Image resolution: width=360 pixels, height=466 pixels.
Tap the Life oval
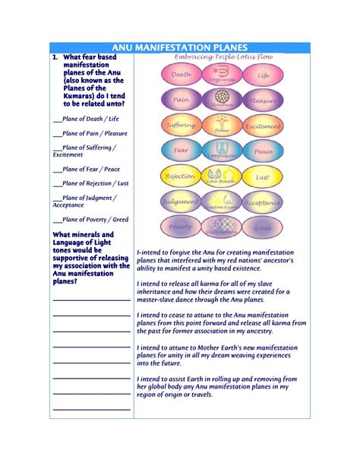[263, 74]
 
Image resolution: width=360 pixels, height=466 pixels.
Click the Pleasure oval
[263, 100]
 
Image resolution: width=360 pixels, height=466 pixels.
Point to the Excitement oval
[263, 125]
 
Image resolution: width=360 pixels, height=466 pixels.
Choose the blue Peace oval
[263, 151]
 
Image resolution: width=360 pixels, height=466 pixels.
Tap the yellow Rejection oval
[181, 176]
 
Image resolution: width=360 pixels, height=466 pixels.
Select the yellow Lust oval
[263, 176]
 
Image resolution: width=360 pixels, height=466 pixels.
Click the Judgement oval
[181, 202]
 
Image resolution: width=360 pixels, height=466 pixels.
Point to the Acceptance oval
[263, 202]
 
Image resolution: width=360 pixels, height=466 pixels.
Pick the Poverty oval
[181, 227]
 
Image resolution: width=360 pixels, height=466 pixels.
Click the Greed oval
[263, 227]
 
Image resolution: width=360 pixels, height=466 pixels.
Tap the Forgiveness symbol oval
[222, 74]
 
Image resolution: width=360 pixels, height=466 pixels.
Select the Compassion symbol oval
[222, 151]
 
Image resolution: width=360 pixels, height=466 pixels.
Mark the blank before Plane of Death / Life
[57, 119]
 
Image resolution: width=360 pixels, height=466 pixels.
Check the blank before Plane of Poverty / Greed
[57, 219]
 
